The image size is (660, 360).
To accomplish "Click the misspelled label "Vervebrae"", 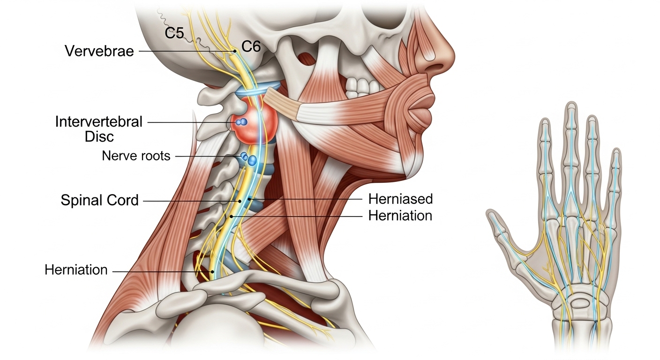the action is (x=99, y=51).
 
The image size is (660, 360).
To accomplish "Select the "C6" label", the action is (x=251, y=46).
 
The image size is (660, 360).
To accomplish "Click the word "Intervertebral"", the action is (x=98, y=122).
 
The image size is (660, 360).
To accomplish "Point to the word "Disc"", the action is (x=99, y=137).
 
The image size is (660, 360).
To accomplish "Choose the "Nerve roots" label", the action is (x=136, y=156).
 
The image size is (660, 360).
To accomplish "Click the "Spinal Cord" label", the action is (x=100, y=201).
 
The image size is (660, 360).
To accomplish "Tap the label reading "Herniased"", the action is (x=400, y=199).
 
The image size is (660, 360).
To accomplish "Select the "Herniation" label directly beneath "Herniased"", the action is (x=400, y=216).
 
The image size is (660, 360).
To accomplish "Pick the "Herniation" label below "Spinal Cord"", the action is (x=76, y=270).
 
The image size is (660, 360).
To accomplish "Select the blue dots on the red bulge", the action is (x=241, y=122).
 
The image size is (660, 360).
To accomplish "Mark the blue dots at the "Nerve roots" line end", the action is (x=249, y=159).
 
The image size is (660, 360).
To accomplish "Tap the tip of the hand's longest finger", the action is (x=570, y=108).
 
